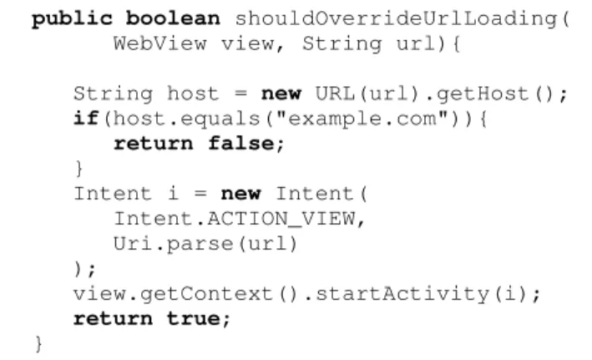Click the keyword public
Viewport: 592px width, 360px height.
pos(72,19)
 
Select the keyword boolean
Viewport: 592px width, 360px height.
pos(173,18)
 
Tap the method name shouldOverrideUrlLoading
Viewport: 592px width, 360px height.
pos(396,19)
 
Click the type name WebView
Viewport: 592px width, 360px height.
pos(160,43)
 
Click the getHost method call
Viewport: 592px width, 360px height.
pos(482,94)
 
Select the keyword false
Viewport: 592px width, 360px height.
pos(240,144)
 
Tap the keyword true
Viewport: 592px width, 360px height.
pos(194,318)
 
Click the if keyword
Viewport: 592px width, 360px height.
pos(87,119)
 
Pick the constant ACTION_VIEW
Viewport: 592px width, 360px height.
pos(281,219)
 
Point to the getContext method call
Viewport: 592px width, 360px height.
pos(206,294)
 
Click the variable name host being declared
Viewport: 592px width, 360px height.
pos(193,94)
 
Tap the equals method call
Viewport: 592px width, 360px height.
pos(220,119)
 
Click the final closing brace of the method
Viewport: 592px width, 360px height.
pos(38,344)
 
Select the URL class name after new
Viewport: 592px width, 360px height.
pos(336,94)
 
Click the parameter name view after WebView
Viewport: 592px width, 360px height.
pos(247,43)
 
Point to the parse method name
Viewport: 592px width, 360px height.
pos(200,245)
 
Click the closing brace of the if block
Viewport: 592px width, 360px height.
pos(79,168)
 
